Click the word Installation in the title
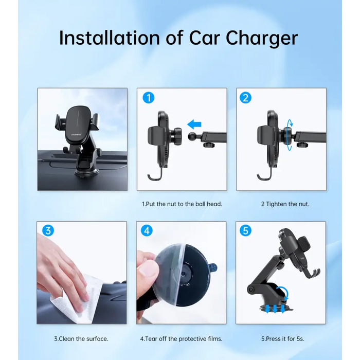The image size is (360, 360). pyautogui.click(x=109, y=38)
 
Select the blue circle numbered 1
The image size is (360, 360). pyautogui.click(x=149, y=98)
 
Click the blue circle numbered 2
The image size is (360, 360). pyautogui.click(x=245, y=98)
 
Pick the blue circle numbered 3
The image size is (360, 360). pyautogui.click(x=48, y=230)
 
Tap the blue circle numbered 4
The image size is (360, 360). pyautogui.click(x=147, y=230)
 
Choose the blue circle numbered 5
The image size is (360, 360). pyautogui.click(x=245, y=230)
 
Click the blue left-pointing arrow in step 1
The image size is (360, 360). pyautogui.click(x=194, y=124)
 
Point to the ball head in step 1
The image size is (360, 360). pyautogui.click(x=192, y=136)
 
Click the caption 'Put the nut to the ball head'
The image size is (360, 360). pyautogui.click(x=184, y=204)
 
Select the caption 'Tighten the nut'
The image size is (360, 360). pyautogui.click(x=287, y=204)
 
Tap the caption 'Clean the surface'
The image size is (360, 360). pyautogui.click(x=83, y=339)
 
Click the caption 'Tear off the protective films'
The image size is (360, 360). pyautogui.click(x=184, y=339)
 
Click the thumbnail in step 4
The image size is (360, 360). pyautogui.click(x=148, y=269)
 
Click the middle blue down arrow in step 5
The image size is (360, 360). pyautogui.click(x=275, y=309)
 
